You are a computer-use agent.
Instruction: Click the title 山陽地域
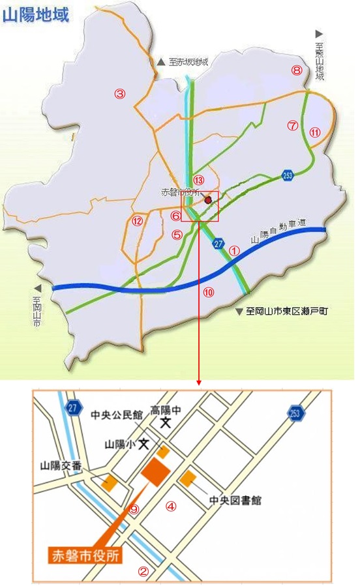36,16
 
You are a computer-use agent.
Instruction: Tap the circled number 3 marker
119,93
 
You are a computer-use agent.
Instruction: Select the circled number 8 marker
297,70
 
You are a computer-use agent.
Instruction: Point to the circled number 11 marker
315,132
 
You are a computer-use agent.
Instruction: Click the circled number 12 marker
137,220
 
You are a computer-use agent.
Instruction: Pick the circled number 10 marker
208,292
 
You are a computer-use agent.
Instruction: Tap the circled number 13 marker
199,180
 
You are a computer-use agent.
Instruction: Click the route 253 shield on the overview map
287,175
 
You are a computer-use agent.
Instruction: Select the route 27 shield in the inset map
74,408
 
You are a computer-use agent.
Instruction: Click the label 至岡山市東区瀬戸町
288,312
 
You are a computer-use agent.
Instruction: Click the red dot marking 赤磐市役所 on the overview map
208,200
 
